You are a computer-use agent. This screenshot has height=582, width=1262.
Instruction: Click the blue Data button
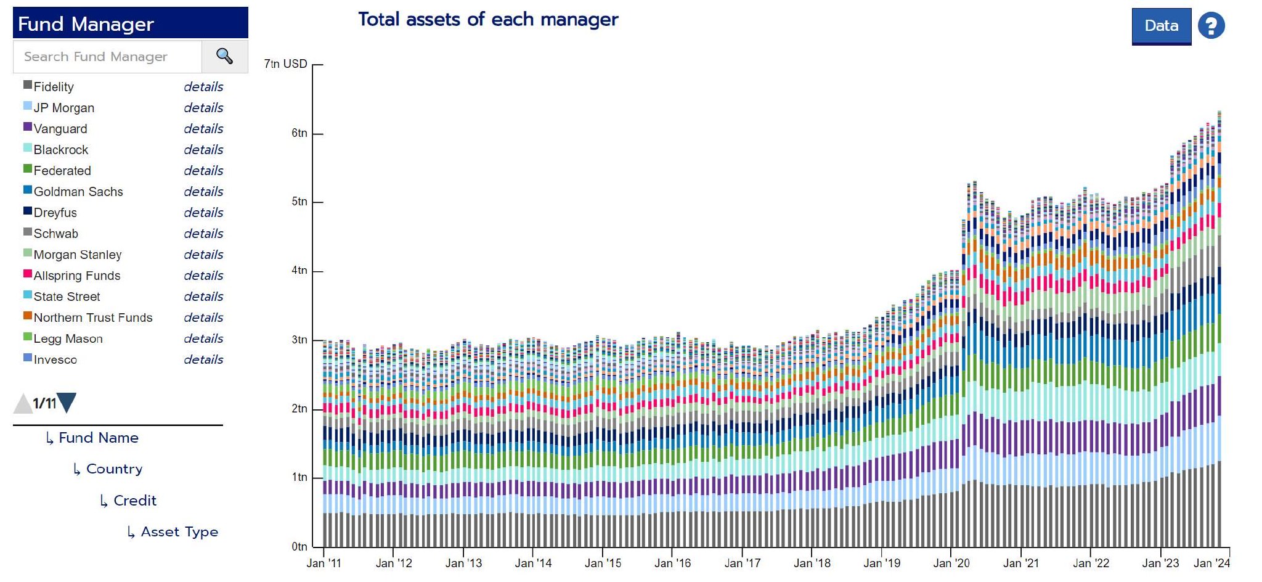click(1161, 26)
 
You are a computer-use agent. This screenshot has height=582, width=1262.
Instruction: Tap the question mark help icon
click(1211, 26)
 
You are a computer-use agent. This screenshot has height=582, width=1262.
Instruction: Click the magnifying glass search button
click(224, 57)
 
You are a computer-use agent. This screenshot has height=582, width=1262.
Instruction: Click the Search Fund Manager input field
click(107, 57)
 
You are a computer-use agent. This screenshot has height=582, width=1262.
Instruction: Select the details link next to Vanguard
click(203, 129)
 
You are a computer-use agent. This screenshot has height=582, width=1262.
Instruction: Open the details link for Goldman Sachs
click(203, 192)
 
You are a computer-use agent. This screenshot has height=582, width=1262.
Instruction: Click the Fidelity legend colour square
click(28, 85)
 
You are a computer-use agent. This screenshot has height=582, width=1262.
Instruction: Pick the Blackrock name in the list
click(61, 150)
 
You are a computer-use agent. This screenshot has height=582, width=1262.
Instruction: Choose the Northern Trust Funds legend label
click(93, 318)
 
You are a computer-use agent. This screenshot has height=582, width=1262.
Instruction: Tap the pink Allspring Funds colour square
click(28, 274)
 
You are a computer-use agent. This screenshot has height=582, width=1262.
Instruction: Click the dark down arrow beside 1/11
click(67, 403)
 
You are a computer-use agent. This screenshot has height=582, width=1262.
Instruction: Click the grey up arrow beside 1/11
click(23, 404)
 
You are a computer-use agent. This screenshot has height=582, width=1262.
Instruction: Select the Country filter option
click(114, 469)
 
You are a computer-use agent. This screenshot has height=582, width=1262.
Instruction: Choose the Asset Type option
click(179, 532)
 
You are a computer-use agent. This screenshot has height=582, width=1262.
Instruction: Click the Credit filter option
click(134, 501)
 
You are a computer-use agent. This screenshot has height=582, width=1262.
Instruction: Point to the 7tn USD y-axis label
click(285, 64)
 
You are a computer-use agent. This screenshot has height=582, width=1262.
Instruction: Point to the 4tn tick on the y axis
click(299, 271)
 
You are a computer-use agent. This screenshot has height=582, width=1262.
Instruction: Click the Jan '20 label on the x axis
click(951, 563)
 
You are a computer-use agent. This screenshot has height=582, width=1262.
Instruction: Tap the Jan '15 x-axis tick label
click(603, 563)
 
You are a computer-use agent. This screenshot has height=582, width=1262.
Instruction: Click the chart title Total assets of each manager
click(488, 20)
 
